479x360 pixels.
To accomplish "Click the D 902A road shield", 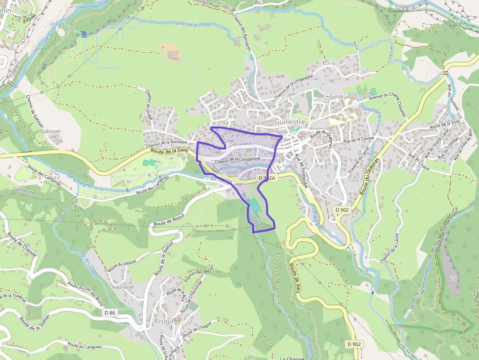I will (x=267, y=178).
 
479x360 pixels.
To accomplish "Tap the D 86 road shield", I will (x=110, y=312).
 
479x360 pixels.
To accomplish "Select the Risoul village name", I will (x=164, y=321).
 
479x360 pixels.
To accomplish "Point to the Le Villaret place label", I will (x=122, y=287).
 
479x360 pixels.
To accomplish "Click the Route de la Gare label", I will (x=170, y=151).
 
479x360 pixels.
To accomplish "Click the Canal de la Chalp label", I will (x=192, y=23).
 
